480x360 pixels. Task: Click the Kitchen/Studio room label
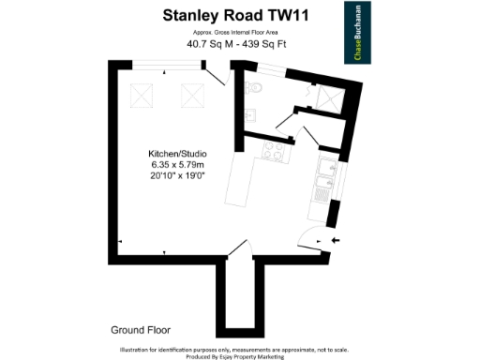[x=178, y=153]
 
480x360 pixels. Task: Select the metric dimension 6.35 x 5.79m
[x=178, y=165]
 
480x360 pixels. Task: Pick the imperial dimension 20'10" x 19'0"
[x=178, y=176]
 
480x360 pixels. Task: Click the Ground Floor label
[x=140, y=330]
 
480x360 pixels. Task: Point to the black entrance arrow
[x=337, y=241]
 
